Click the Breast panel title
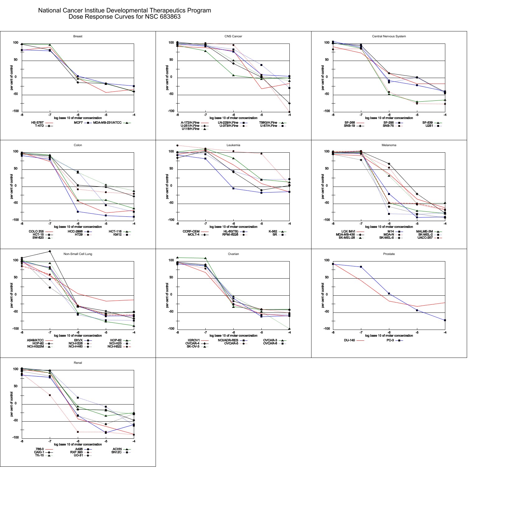click(78, 36)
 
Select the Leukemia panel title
click(233, 145)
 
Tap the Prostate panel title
click(389, 254)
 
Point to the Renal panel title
click(78, 363)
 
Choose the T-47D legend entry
click(40, 126)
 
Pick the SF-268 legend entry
click(350, 123)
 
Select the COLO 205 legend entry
click(36, 232)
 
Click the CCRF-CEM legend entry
click(191, 232)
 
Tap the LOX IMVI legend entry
click(348, 232)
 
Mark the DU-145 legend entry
click(349, 340)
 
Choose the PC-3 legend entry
click(390, 340)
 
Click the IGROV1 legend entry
click(194, 340)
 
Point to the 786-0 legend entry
click(40, 449)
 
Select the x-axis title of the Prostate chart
click(389, 336)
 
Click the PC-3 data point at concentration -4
click(445, 320)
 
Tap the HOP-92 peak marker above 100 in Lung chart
click(50, 251)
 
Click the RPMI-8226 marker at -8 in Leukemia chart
click(177, 146)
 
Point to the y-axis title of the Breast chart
click(12, 78)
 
